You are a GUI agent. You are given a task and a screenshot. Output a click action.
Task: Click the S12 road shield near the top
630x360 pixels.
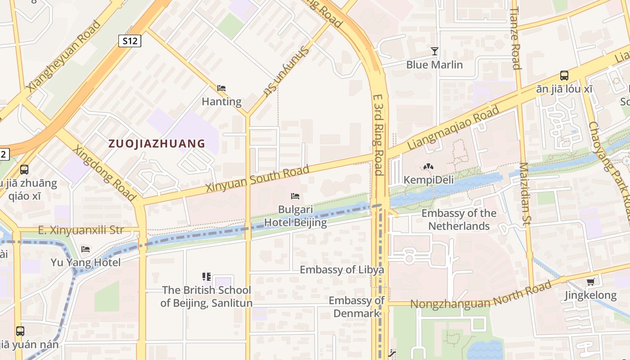[x=130, y=41]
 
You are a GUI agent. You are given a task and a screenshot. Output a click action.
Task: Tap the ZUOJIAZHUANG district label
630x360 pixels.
[x=157, y=144]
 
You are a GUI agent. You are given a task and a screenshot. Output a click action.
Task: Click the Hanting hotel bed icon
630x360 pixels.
[x=221, y=88]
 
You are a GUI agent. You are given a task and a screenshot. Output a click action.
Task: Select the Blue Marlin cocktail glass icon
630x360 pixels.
[x=434, y=51]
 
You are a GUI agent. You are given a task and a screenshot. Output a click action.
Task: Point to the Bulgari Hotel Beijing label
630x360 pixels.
[x=295, y=216]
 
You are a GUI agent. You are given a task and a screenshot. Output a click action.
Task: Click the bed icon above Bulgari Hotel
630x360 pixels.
[x=295, y=196]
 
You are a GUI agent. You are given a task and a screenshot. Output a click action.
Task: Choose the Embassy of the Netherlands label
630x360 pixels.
[x=459, y=220]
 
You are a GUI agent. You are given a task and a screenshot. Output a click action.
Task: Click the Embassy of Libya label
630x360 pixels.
[x=342, y=270]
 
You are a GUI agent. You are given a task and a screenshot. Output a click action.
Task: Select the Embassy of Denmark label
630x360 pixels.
[x=356, y=306]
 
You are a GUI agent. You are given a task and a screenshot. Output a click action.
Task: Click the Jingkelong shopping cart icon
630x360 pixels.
[x=590, y=282]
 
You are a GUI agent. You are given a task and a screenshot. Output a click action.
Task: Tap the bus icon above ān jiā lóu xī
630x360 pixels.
[x=564, y=75]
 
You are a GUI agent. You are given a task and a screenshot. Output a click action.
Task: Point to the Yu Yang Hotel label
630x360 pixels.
[x=85, y=262]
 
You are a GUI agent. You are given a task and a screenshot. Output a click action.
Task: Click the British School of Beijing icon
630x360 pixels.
[x=207, y=276]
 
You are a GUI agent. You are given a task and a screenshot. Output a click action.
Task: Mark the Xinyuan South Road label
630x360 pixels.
[x=257, y=179]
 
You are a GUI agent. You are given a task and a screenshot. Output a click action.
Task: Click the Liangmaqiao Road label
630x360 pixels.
[x=453, y=128]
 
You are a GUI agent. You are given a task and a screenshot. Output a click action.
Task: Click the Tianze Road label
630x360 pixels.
[x=516, y=38]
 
